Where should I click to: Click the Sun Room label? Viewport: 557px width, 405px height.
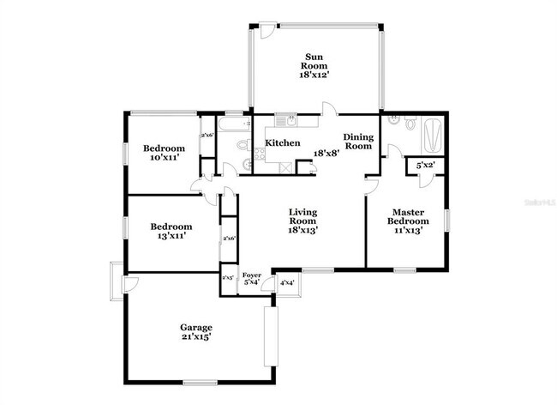click(x=314, y=61)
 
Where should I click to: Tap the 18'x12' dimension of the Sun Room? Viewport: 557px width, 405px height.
click(x=314, y=76)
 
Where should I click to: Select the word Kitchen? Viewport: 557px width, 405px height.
click(x=282, y=142)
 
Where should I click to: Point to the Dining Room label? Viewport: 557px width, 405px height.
click(x=358, y=142)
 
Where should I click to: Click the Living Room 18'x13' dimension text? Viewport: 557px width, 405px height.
click(x=302, y=230)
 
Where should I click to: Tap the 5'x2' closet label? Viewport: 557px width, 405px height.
click(x=425, y=165)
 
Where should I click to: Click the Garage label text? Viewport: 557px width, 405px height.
click(x=195, y=327)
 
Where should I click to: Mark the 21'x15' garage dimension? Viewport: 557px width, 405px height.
click(x=195, y=337)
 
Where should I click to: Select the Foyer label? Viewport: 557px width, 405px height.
click(x=252, y=275)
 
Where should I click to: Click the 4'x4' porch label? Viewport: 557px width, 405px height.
click(x=287, y=282)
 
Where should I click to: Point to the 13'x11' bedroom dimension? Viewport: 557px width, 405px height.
click(x=171, y=237)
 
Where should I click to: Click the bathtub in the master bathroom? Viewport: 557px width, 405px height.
click(x=433, y=134)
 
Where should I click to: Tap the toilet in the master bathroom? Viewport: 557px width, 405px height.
click(x=410, y=124)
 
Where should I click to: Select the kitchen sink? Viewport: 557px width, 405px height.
click(x=290, y=121)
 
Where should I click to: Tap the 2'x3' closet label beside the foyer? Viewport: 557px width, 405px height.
click(x=228, y=278)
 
